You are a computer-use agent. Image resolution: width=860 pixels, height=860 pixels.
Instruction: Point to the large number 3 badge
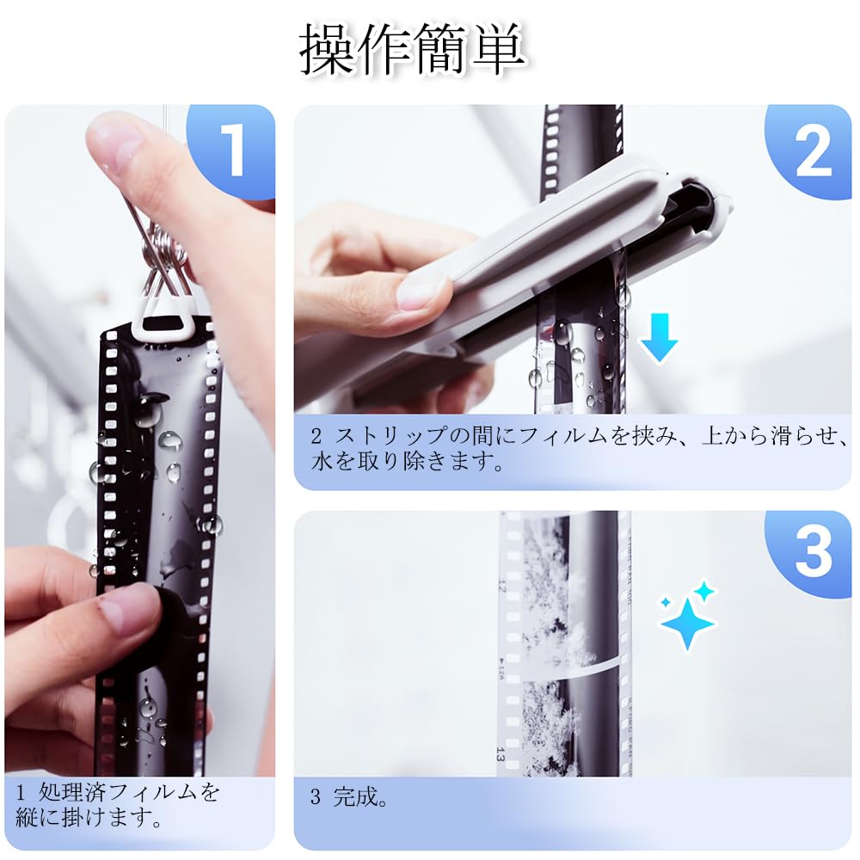tap(813, 551)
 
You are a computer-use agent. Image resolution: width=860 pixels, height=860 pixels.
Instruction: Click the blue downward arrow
tap(659, 337)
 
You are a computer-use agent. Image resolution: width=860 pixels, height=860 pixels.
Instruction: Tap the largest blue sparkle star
tap(687, 623)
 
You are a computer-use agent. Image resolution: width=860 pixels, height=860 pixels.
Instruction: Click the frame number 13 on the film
tap(501, 754)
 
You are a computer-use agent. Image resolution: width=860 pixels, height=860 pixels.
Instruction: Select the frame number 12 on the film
tap(501, 586)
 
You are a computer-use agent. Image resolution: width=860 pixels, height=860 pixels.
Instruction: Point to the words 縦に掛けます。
tap(89, 817)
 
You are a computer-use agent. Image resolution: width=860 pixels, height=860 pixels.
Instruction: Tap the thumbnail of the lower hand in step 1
tap(127, 610)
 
